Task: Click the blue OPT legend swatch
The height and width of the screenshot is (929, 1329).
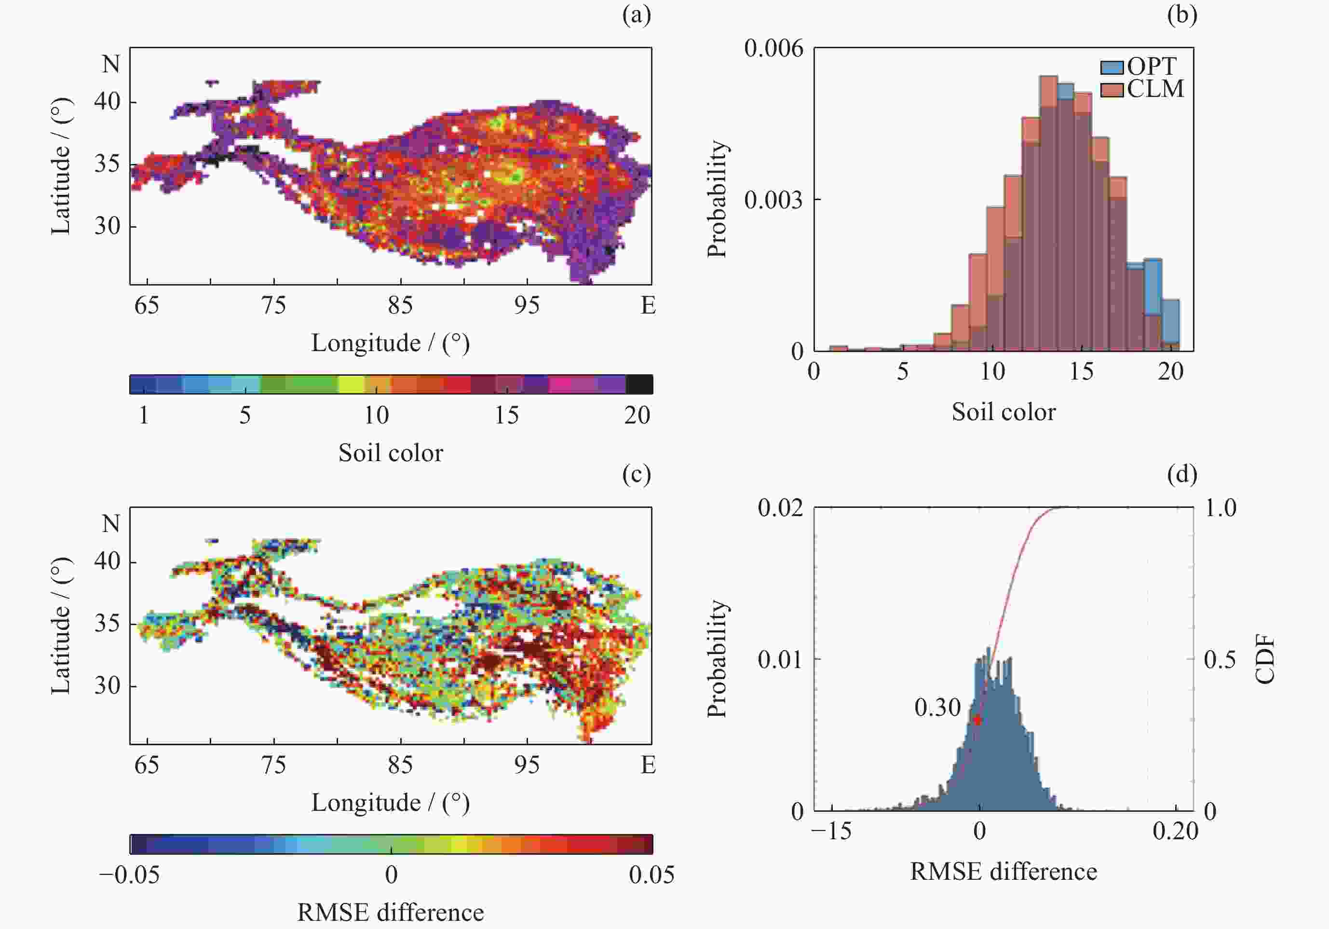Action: [x=1112, y=67]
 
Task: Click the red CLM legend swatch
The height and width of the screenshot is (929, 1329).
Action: [x=1112, y=90]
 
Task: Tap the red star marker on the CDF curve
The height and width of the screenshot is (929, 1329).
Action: [x=977, y=720]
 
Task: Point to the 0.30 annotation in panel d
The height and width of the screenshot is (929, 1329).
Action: [x=937, y=707]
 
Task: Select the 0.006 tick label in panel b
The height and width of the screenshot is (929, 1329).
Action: [x=774, y=49]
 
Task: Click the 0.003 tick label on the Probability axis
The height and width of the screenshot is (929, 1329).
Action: [x=774, y=200]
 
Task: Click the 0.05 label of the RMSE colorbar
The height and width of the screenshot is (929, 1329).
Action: [x=651, y=874]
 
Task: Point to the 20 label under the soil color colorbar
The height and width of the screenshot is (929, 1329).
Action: [x=637, y=415]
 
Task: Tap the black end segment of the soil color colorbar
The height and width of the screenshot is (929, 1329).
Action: [x=639, y=384]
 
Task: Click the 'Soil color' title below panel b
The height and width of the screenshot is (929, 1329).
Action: [x=1003, y=412]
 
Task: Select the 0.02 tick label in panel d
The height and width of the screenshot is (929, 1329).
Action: [x=780, y=508]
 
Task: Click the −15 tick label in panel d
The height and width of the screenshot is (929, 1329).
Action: [x=831, y=831]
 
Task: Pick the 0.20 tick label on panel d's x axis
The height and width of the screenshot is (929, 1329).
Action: [x=1175, y=831]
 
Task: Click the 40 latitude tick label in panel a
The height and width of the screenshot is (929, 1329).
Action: [x=107, y=102]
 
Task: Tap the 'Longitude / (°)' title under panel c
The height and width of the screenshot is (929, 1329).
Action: [x=391, y=803]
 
